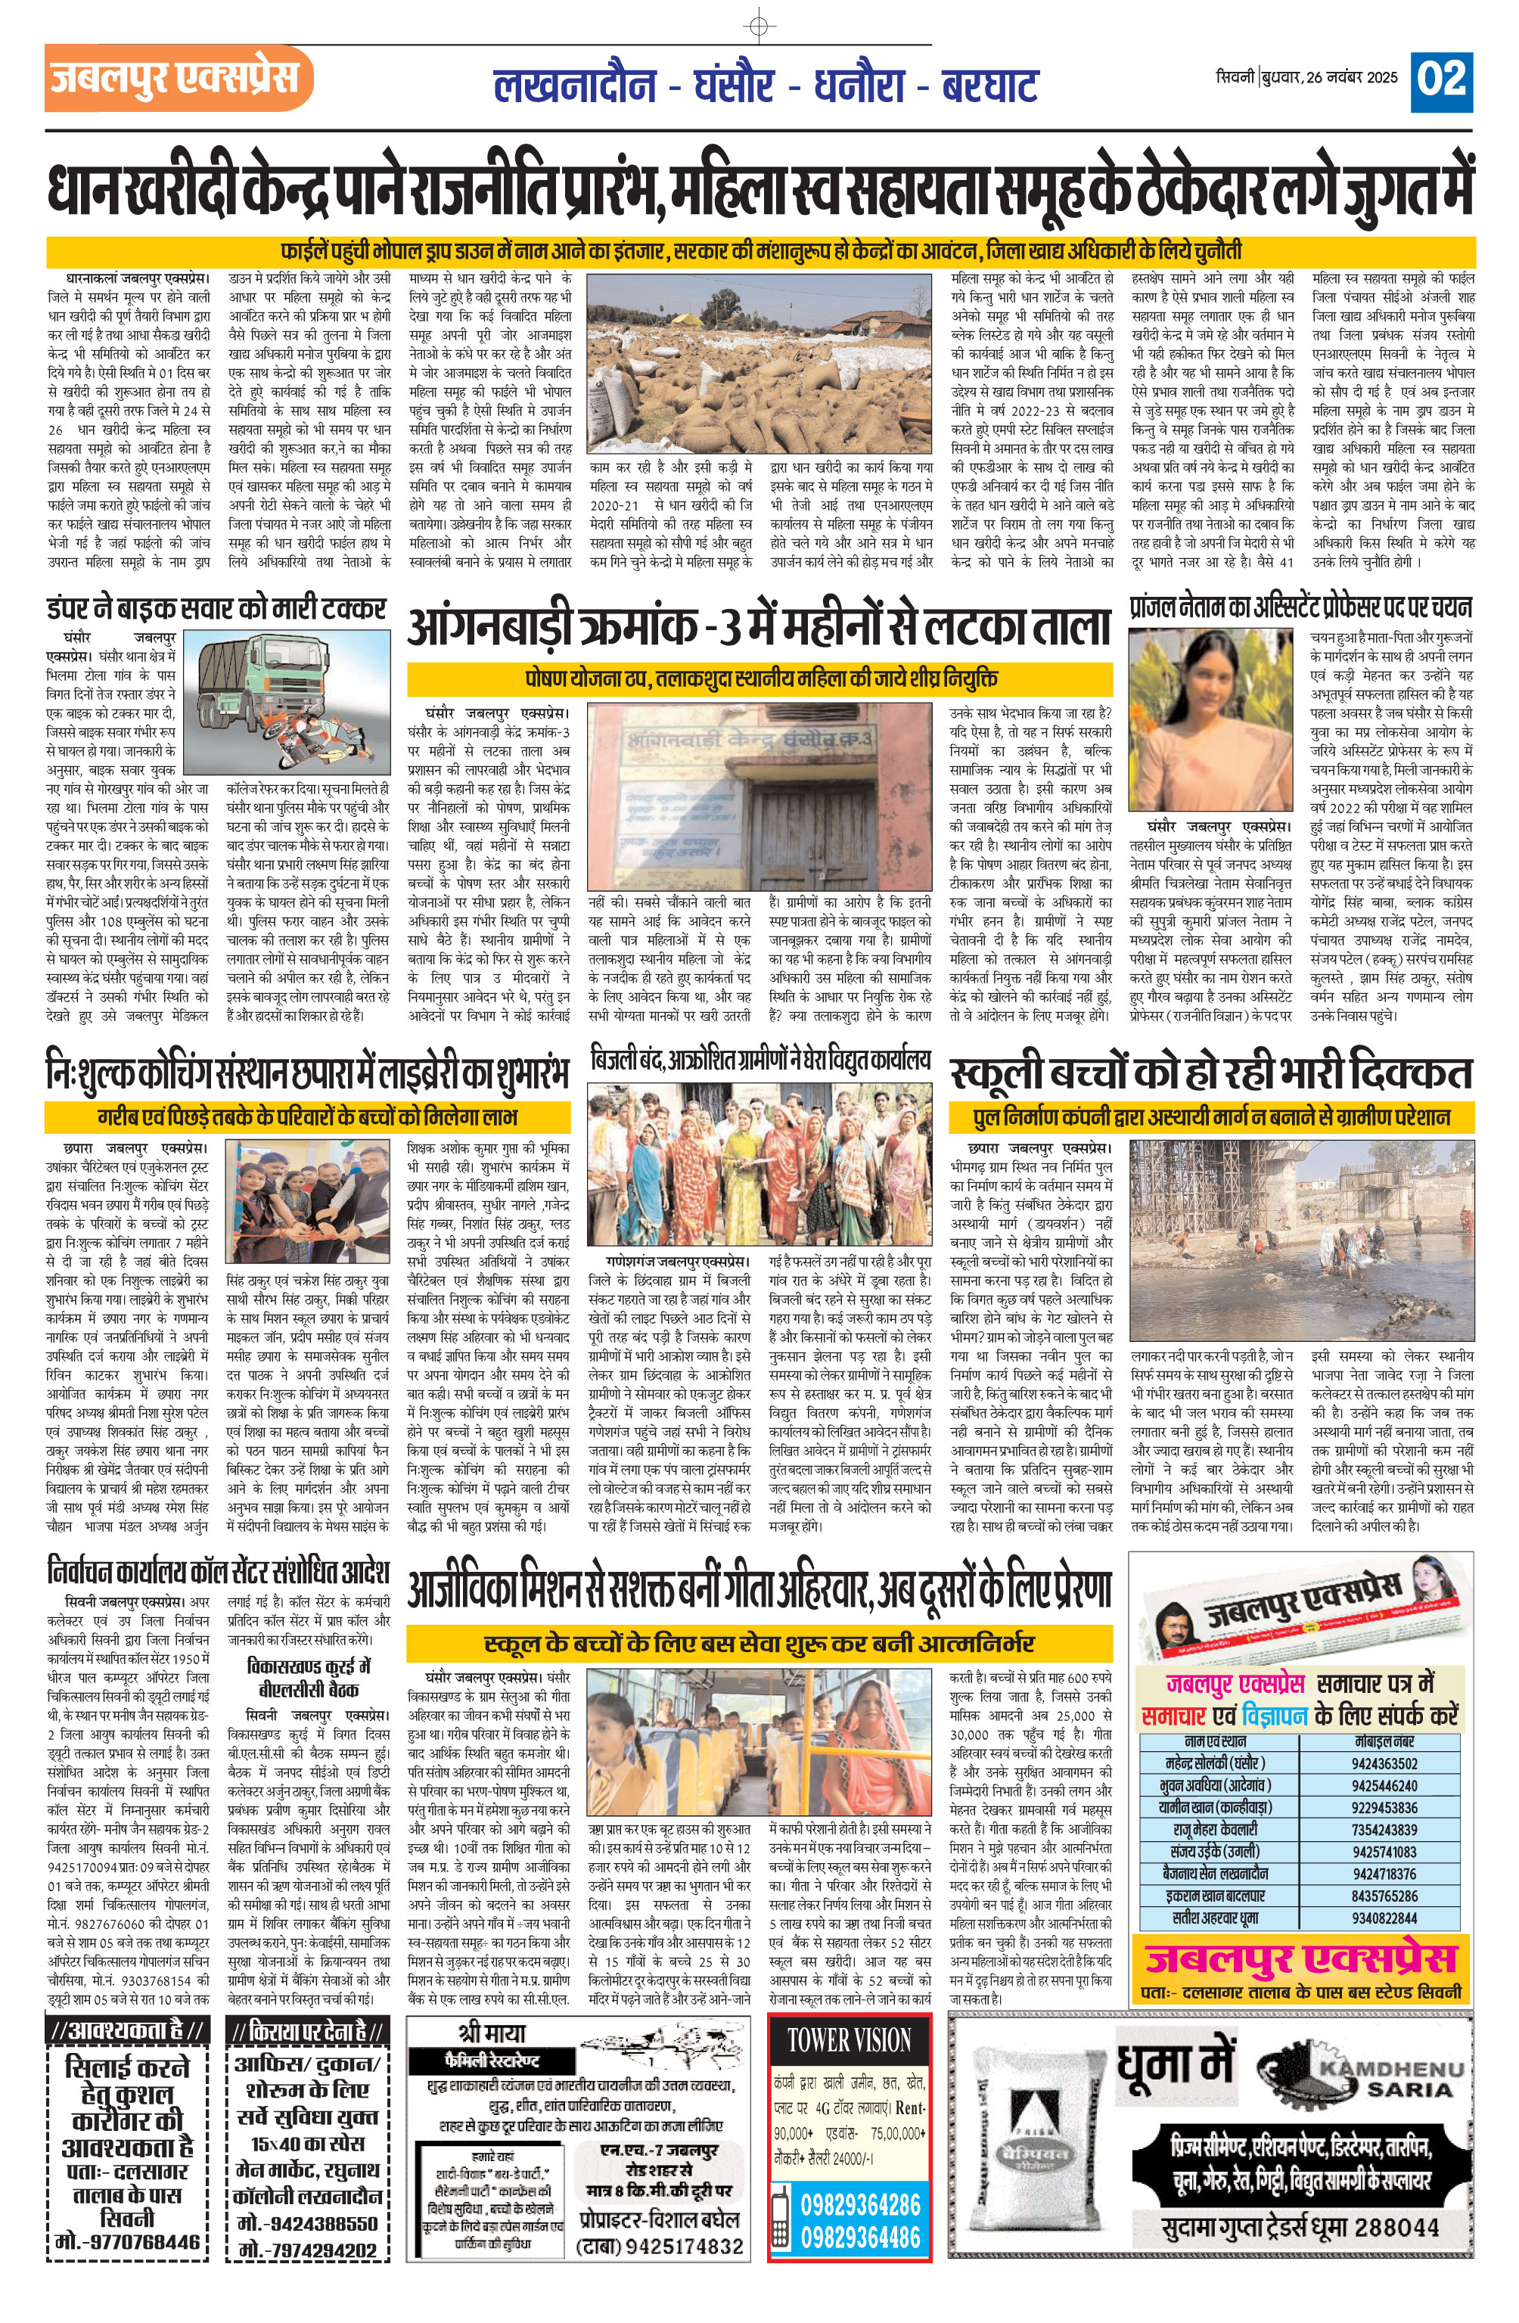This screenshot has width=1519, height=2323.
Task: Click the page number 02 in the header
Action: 1441,79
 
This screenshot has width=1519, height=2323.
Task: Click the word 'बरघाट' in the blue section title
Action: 988,86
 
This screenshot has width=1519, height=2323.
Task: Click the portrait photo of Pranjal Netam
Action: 1213,719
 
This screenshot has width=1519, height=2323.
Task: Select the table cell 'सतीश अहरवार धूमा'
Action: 1216,1917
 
